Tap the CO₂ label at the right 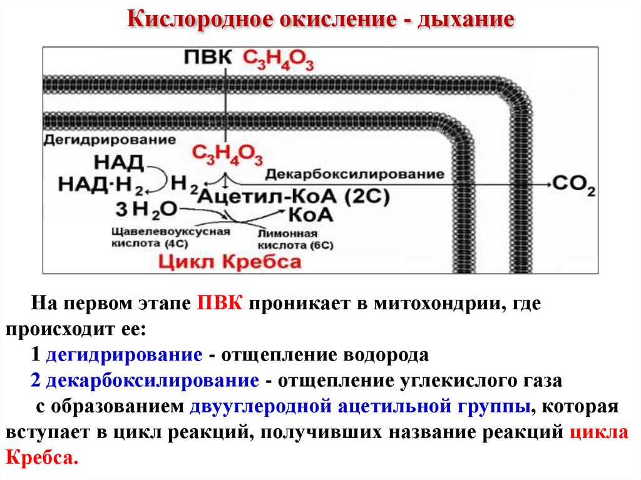(573, 185)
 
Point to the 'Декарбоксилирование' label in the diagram (354, 173)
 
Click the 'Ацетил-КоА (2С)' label (294, 197)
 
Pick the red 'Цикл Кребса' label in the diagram (230, 261)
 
